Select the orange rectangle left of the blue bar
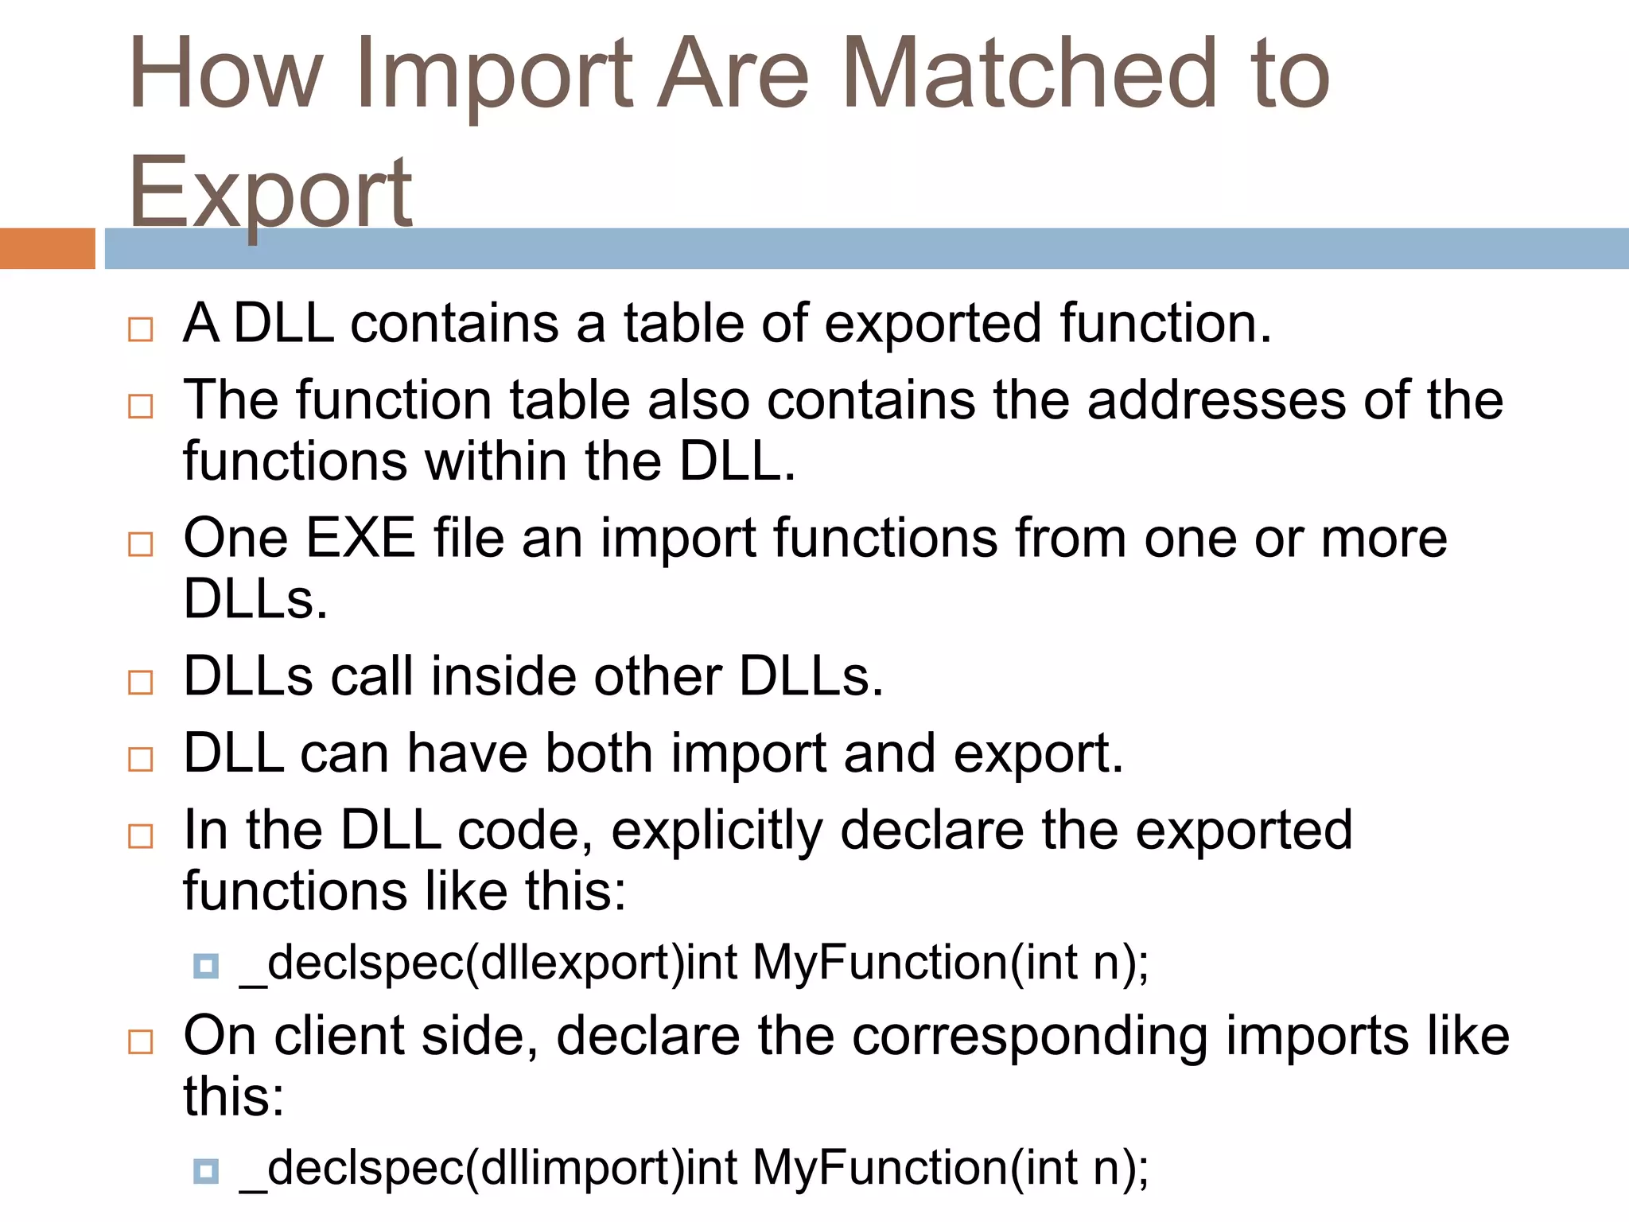pyautogui.click(x=47, y=248)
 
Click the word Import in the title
pyautogui.click(x=493, y=76)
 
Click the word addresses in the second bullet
pyautogui.click(x=1216, y=399)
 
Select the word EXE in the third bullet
pyautogui.click(x=360, y=538)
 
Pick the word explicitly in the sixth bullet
pyautogui.click(x=717, y=831)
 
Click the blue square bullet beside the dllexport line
pyautogui.click(x=206, y=966)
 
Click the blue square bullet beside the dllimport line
pyautogui.click(x=206, y=1171)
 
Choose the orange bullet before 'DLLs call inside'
pyautogui.click(x=141, y=683)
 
